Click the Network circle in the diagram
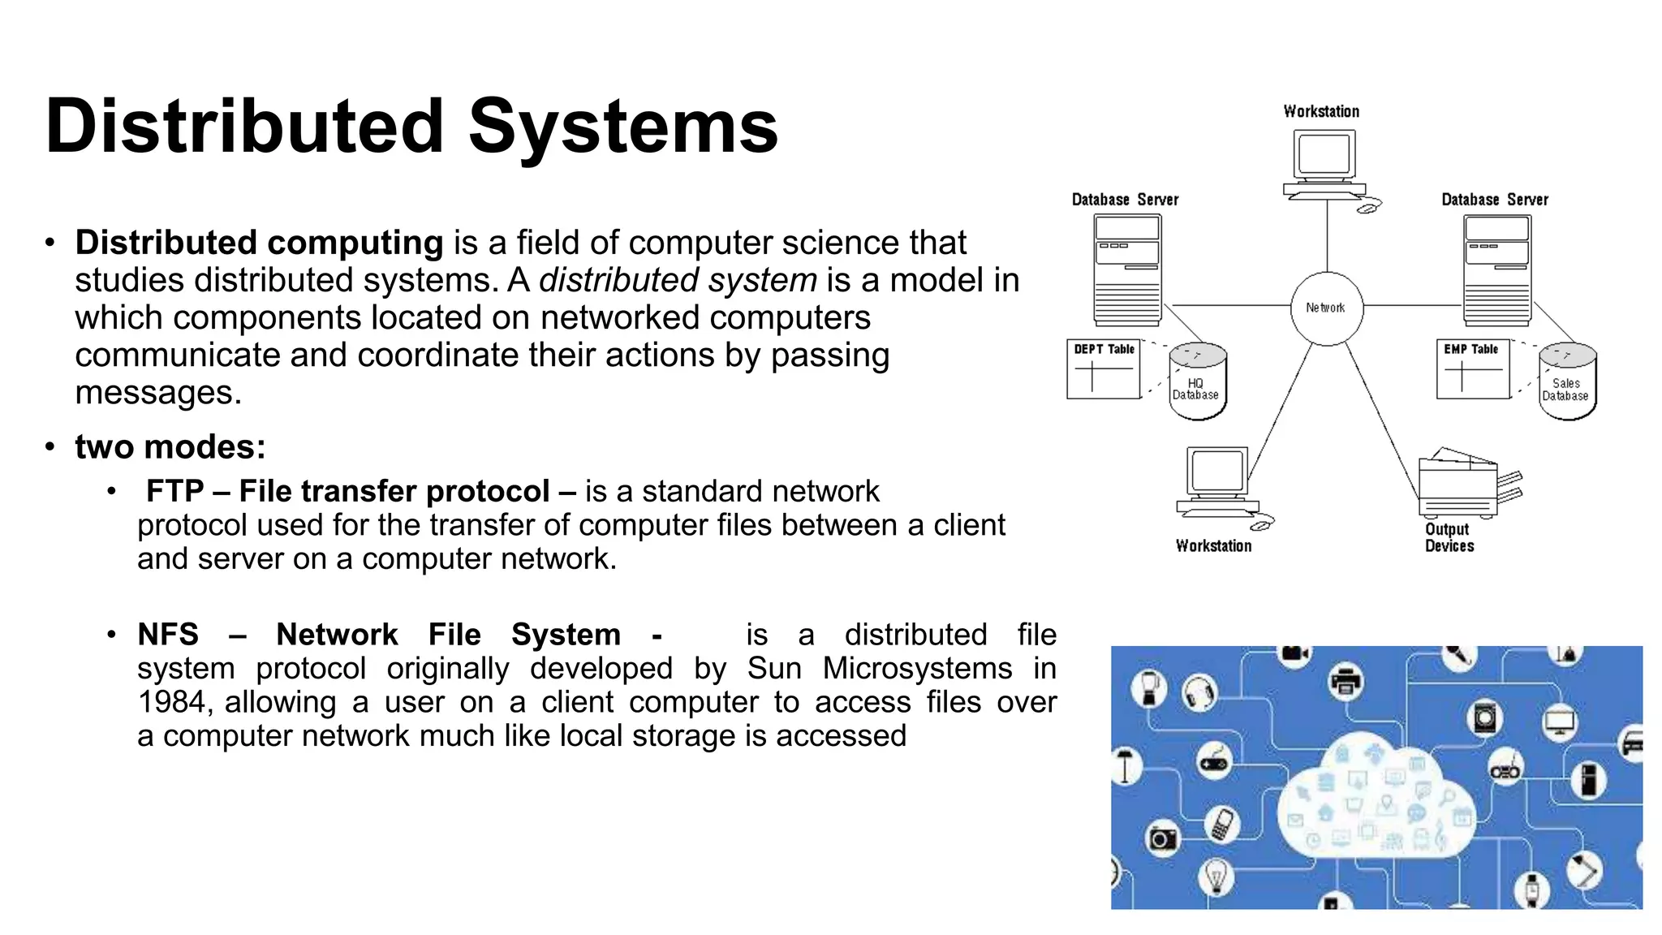coord(1326,308)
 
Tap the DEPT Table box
coord(1103,369)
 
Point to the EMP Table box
coord(1472,369)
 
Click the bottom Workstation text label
coord(1213,546)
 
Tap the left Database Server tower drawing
coord(1127,269)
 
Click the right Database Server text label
coord(1494,200)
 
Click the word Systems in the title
coord(622,127)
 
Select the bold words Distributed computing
coord(259,243)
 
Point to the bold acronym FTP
coord(174,491)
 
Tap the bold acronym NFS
coord(168,634)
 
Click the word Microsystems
coord(917,668)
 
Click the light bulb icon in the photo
coord(1216,876)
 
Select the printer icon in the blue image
coord(1346,680)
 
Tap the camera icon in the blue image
coord(1162,838)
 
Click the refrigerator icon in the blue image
coord(1588,780)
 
